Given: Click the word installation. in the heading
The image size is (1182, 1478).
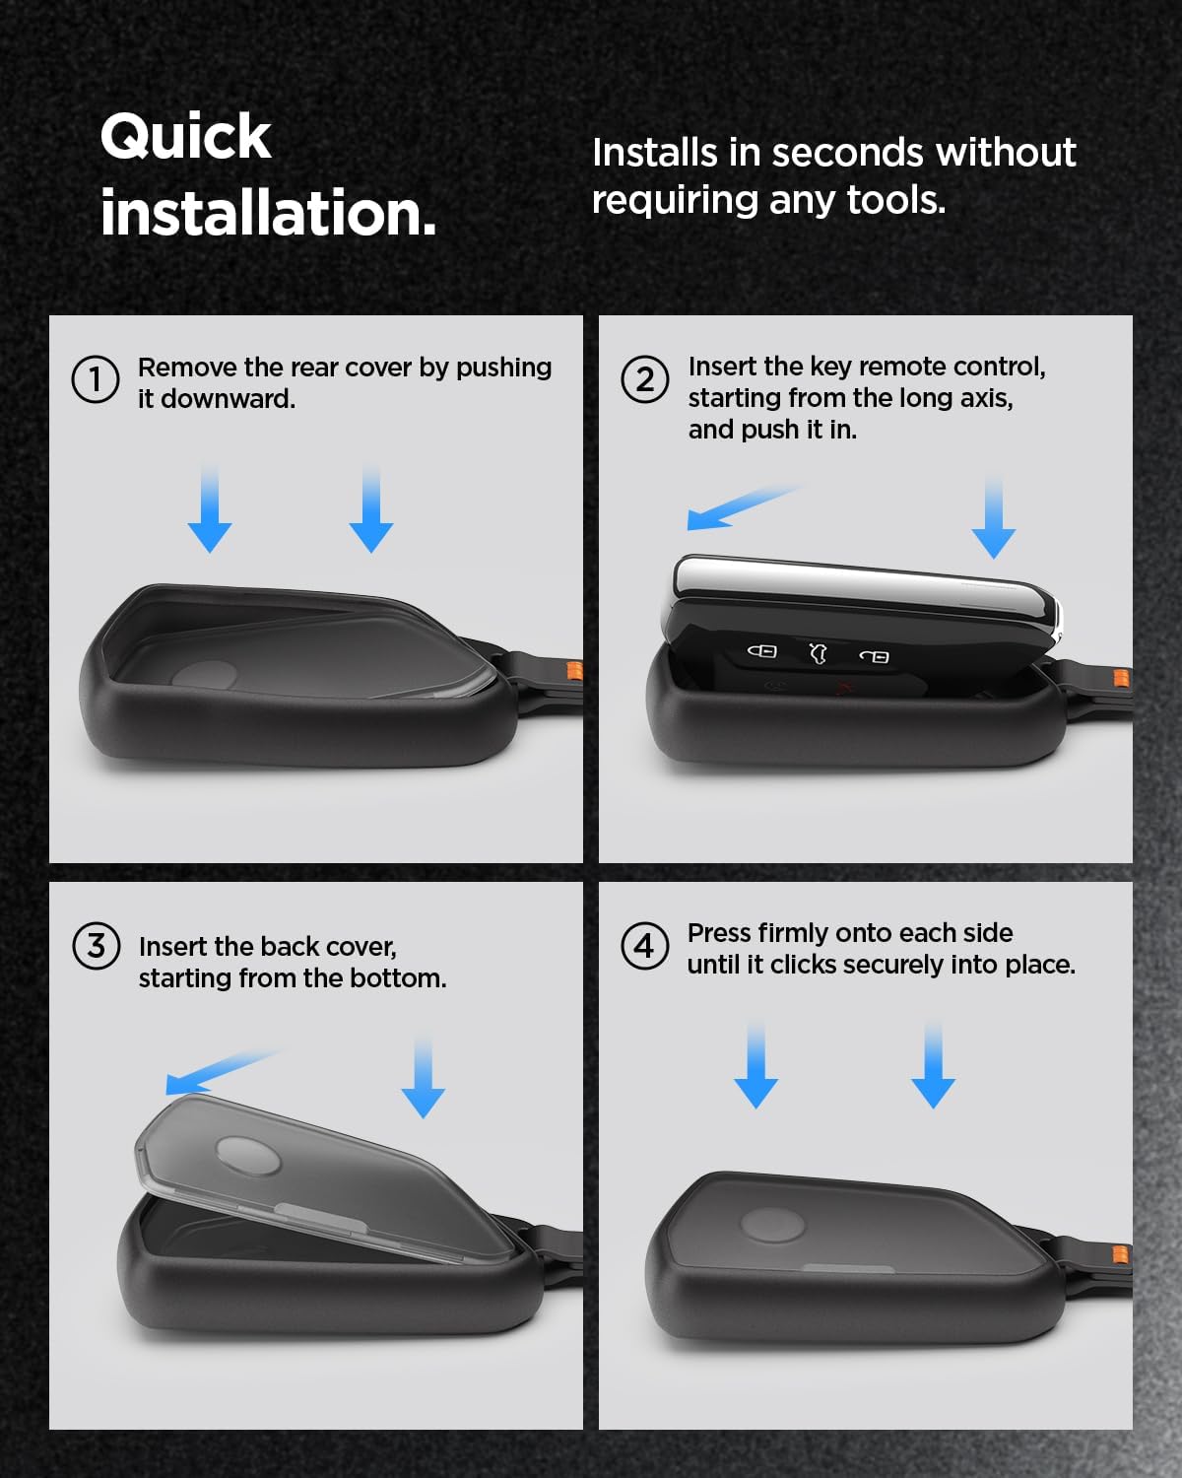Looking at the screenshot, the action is point(269,213).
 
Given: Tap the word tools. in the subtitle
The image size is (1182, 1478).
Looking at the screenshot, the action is point(896,201).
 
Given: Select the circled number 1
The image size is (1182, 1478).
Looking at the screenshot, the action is point(96,379).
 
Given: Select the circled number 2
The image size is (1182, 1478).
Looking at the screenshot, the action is point(645,379).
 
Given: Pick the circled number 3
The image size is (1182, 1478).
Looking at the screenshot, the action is point(97,946).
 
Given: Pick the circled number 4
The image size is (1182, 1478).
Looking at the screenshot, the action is point(645,946).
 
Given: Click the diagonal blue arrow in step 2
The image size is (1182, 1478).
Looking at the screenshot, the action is point(743,507).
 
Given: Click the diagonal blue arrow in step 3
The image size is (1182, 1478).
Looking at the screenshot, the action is point(222,1072).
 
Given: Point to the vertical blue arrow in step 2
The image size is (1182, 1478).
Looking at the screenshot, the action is point(993,515).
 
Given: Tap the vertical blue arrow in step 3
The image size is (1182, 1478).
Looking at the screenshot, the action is point(424,1078).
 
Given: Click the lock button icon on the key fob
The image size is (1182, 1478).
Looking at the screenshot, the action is point(761,650).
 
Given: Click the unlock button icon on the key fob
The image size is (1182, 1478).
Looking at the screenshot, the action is point(875,656).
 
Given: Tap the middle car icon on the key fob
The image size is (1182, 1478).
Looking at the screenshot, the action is point(818,653).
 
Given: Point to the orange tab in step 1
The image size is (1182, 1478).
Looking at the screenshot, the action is point(574,670).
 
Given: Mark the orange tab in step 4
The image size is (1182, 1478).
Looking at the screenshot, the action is point(1120,1254).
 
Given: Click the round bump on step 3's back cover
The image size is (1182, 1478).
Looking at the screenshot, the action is point(248,1155).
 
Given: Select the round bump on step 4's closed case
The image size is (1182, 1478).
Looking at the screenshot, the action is point(772,1226).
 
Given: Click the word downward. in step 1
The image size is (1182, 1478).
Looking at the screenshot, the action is point(228,399).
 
